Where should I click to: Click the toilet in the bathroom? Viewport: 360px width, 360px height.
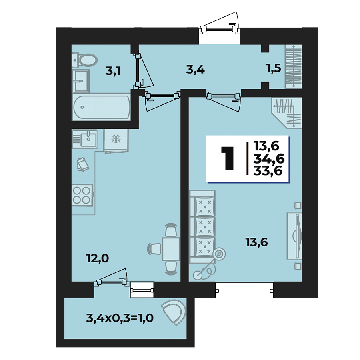[85, 60]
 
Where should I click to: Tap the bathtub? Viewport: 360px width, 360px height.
[101, 107]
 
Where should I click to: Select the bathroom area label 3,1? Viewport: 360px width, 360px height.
[113, 71]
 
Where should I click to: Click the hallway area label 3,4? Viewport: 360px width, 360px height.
[196, 70]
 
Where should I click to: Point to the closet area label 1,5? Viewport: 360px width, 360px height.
[274, 68]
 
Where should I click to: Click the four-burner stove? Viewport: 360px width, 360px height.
[82, 195]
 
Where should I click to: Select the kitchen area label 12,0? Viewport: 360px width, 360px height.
[98, 258]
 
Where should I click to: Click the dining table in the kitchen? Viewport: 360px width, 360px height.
[171, 248]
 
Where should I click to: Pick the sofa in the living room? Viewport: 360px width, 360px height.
[202, 227]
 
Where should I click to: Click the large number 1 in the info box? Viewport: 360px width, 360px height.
[227, 159]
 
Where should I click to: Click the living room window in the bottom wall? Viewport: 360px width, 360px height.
[244, 290]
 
